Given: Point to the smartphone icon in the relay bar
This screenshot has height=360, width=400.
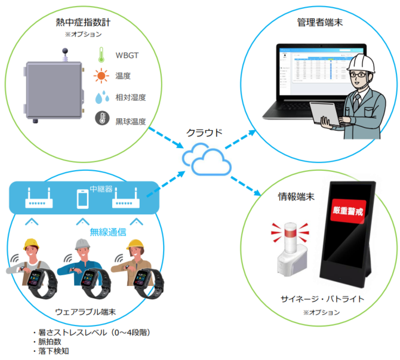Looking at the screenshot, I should [83, 198].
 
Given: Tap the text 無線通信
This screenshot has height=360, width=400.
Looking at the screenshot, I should [107, 232].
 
